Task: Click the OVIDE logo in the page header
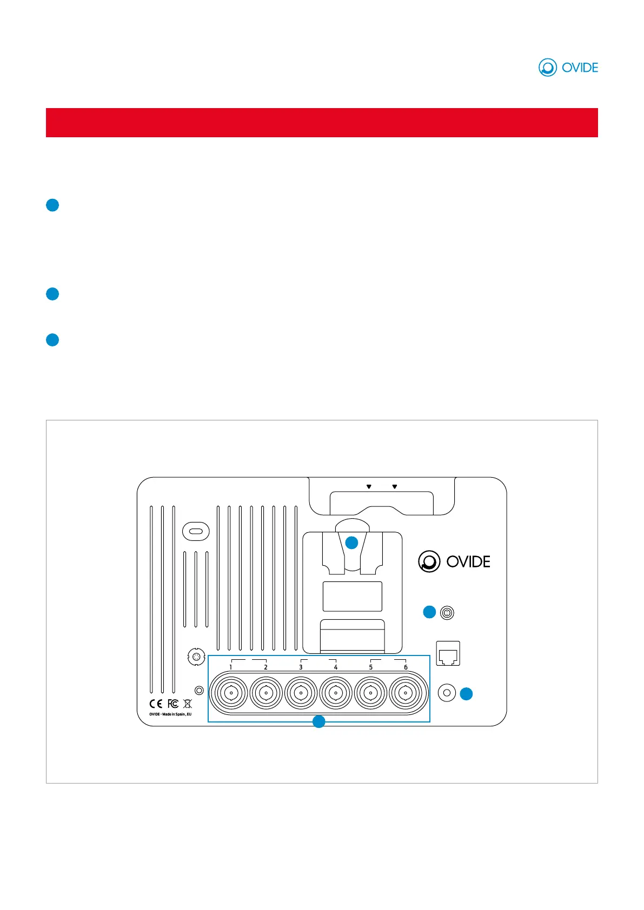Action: click(x=568, y=68)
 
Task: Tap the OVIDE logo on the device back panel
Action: click(x=454, y=561)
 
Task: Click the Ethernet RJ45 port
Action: click(x=448, y=654)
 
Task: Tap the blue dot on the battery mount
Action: click(x=351, y=543)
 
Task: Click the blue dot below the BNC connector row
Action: click(x=319, y=721)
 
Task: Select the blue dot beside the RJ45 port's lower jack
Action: click(x=466, y=694)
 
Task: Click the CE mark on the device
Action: click(x=156, y=704)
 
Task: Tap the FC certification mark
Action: click(x=172, y=704)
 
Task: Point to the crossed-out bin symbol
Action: click(x=188, y=704)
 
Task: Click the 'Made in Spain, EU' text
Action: click(x=170, y=714)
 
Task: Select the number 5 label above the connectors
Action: click(x=370, y=667)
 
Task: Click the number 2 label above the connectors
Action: click(x=265, y=667)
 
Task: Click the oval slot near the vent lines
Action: click(x=196, y=531)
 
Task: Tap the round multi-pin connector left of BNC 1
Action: click(x=196, y=657)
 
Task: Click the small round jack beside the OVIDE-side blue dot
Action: click(x=447, y=613)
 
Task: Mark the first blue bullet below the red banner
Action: click(x=52, y=205)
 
